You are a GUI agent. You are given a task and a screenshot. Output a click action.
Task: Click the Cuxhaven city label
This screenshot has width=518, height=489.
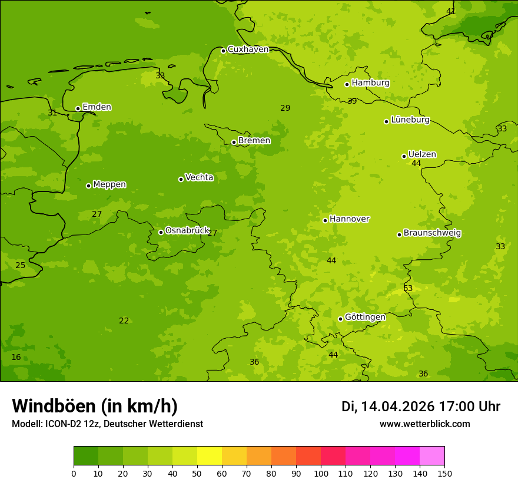248,49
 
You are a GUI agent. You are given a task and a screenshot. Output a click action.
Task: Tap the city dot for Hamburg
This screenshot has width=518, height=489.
347,84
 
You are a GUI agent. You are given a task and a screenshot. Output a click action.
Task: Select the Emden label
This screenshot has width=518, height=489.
97,107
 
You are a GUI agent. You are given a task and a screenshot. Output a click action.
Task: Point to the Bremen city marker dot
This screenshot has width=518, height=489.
234,142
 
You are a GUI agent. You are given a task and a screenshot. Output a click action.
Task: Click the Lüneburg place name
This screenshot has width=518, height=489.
410,120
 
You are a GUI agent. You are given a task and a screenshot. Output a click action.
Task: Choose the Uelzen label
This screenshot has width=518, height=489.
422,155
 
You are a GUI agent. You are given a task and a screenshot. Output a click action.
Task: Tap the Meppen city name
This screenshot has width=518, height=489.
109,184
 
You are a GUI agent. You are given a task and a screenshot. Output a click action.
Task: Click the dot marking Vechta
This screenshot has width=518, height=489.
181,179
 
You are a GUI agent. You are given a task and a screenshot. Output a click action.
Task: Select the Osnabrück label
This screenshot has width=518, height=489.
187,231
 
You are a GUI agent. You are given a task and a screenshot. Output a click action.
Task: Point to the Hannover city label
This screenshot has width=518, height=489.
349,219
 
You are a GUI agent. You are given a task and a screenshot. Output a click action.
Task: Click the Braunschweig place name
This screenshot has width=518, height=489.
432,233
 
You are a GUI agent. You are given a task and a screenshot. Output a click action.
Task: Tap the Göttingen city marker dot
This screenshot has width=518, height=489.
340,319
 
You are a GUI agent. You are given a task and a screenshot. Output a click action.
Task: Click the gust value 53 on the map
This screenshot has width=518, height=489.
408,289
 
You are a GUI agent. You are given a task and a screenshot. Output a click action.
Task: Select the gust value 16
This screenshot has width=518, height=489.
16,358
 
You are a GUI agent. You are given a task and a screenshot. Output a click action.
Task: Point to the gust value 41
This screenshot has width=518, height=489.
451,12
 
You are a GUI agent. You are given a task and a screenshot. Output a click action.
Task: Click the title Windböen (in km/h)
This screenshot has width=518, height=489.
95,406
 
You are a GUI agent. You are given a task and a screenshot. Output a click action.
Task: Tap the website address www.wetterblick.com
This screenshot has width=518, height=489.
424,424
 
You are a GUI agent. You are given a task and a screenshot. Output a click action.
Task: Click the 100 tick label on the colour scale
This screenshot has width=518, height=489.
321,473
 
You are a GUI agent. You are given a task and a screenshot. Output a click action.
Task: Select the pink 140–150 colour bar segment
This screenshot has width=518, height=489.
432,456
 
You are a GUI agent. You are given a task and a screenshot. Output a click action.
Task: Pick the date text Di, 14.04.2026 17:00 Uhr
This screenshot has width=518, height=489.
421,407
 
